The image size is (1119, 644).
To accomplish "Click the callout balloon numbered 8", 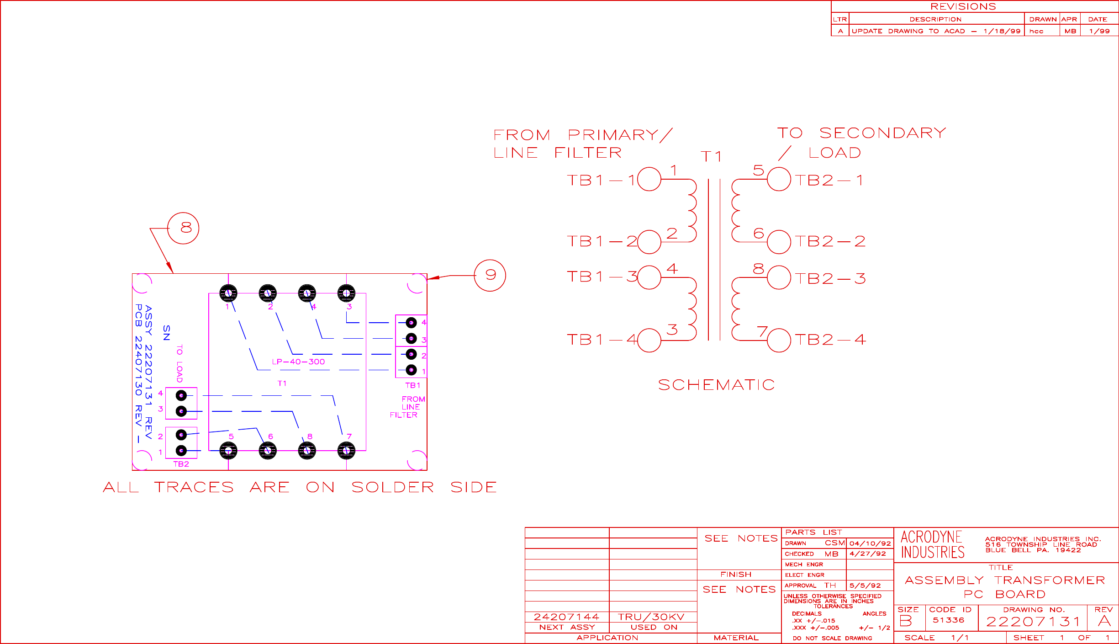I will (183, 228).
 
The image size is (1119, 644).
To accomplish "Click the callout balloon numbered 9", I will (490, 275).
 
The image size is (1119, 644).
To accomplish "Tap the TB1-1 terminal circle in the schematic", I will (649, 179).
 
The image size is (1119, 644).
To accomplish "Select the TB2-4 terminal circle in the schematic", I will (779, 340).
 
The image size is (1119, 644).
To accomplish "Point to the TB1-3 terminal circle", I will (649, 277).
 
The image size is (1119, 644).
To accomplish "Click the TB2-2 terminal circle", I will (779, 242).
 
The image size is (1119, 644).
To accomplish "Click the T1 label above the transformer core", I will (711, 157).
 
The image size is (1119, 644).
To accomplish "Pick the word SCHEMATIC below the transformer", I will (716, 385).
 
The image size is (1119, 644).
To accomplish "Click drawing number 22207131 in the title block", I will (1033, 622).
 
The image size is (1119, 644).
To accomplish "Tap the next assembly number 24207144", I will (566, 617).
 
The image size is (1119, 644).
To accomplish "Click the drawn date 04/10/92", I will (870, 543).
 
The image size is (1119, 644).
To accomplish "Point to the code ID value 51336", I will (948, 620).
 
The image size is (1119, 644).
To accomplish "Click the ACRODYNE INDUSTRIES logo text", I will (932, 544).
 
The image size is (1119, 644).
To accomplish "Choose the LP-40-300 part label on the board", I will (298, 362).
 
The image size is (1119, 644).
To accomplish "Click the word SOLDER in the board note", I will (392, 487).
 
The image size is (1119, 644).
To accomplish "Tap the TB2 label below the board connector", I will (181, 464).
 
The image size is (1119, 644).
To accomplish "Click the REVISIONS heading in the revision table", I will (963, 6).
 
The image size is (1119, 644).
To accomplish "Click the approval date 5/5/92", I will (865, 585).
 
